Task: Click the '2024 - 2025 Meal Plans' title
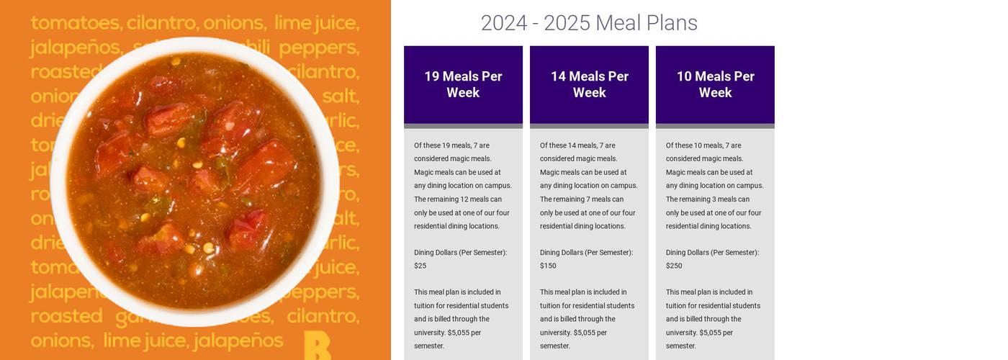coord(589,23)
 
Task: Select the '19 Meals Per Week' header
coord(463,84)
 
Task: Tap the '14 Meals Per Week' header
coord(589,84)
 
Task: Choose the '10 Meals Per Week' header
coord(715,84)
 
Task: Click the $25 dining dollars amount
coord(420,266)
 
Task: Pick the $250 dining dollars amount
coord(674,266)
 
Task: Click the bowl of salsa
coord(194,180)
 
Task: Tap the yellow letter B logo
coord(317,345)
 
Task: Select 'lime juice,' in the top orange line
coord(316,23)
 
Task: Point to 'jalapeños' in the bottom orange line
coord(238,340)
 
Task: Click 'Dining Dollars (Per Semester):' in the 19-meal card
coord(460,253)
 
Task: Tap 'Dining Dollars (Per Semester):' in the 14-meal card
coord(586,253)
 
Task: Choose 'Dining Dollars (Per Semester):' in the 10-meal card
coord(712,253)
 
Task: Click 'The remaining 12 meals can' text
coord(458,199)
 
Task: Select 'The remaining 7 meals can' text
coord(582,199)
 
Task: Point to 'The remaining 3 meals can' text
coord(708,199)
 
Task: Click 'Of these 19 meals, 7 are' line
coord(451,145)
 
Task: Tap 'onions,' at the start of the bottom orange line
coord(62,340)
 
